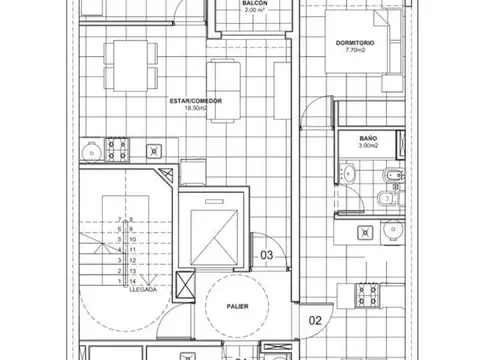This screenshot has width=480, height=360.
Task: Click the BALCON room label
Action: (254, 3)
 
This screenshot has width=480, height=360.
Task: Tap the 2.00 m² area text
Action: (254, 11)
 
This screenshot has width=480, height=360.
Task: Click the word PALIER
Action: (237, 307)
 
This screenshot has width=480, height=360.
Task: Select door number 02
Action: (313, 322)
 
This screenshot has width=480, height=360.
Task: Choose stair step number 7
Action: (119, 217)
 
